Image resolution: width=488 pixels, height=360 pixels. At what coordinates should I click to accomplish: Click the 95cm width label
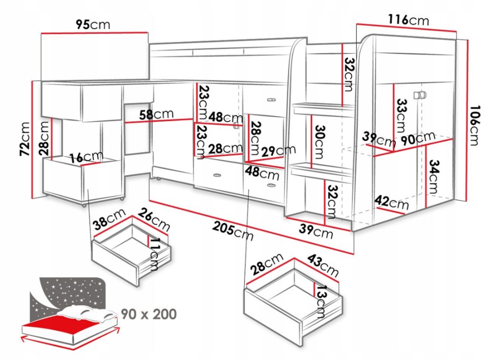(93, 24)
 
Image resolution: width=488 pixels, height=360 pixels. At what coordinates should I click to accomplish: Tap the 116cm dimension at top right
(408, 20)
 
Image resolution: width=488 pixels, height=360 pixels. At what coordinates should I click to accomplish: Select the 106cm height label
(475, 126)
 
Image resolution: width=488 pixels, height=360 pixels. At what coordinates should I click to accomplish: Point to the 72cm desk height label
(25, 139)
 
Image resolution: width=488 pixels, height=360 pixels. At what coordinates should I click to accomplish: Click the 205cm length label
(233, 231)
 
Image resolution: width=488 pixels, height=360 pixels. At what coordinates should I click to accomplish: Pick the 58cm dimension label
(156, 114)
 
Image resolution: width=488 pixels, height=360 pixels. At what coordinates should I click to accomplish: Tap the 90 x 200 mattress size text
(149, 314)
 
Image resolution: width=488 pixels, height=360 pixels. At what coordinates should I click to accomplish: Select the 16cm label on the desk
(86, 157)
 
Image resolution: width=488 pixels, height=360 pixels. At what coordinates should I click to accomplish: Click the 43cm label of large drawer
(323, 266)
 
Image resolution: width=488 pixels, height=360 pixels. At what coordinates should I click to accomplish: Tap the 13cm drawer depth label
(321, 301)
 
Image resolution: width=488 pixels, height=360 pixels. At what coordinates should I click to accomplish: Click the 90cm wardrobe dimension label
(417, 139)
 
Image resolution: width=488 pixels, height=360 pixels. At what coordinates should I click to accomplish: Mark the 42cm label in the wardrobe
(391, 202)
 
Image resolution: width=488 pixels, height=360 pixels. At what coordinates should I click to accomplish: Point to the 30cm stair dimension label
(320, 142)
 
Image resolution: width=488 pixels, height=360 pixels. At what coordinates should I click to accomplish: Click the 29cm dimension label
(278, 151)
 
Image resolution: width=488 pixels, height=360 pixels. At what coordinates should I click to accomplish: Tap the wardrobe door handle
(420, 95)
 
